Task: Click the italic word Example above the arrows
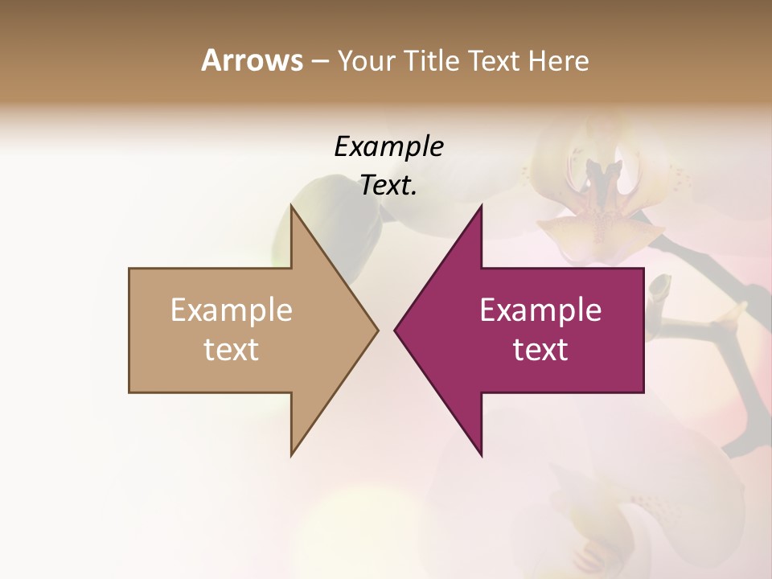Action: pyautogui.click(x=388, y=147)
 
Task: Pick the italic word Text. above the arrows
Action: pyautogui.click(x=388, y=186)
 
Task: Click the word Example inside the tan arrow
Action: pyautogui.click(x=232, y=310)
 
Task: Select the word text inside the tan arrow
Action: pyautogui.click(x=232, y=349)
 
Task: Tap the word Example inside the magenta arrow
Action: pyautogui.click(x=540, y=310)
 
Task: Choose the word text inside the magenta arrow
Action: pyautogui.click(x=540, y=349)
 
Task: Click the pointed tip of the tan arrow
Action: pyautogui.click(x=377, y=330)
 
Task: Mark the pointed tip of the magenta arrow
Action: pyautogui.click(x=396, y=330)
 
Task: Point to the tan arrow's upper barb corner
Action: pyautogui.click(x=292, y=206)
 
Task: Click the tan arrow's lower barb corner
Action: pyautogui.click(x=292, y=454)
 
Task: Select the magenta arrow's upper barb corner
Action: pyautogui.click(x=481, y=206)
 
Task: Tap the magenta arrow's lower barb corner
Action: pyautogui.click(x=481, y=454)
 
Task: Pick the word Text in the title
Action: pyautogui.click(x=494, y=61)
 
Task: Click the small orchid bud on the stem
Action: pyautogui.click(x=659, y=287)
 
